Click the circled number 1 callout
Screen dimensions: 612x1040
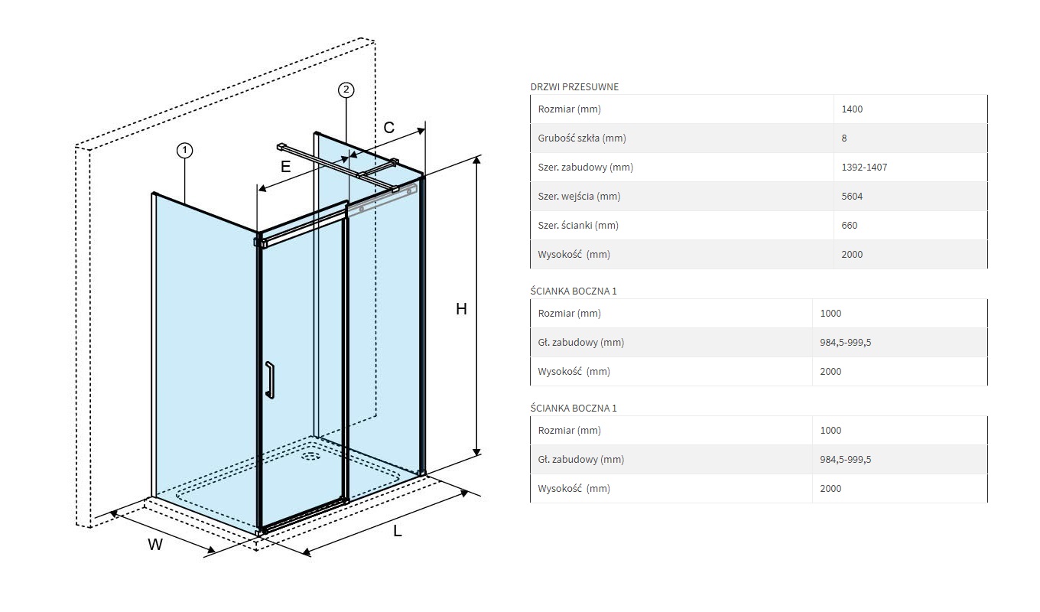pyautogui.click(x=184, y=151)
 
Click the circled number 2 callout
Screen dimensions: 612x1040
pyautogui.click(x=346, y=90)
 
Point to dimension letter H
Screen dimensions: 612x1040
pyautogui.click(x=461, y=309)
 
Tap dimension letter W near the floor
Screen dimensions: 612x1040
pyautogui.click(x=155, y=545)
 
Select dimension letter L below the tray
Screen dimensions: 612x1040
pyautogui.click(x=398, y=532)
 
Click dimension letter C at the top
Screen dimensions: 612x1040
pyautogui.click(x=388, y=128)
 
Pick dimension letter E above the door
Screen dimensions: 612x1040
pyautogui.click(x=285, y=166)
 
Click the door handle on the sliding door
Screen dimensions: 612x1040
pyautogui.click(x=269, y=380)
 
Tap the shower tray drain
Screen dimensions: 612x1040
pyautogui.click(x=310, y=457)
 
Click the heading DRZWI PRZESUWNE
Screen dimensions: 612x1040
pyautogui.click(x=574, y=87)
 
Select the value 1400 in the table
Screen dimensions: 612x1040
pyautogui.click(x=852, y=109)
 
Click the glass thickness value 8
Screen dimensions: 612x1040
pyautogui.click(x=843, y=138)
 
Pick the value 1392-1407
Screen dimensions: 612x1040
pyautogui.click(x=864, y=168)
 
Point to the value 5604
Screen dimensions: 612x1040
pyautogui.click(x=852, y=197)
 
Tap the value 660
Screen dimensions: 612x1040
pyautogui.click(x=849, y=226)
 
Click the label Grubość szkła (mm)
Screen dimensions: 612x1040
pyautogui.click(x=582, y=138)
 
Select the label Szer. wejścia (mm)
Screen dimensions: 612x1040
pyautogui.click(x=579, y=197)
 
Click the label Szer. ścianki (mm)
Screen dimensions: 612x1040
pyautogui.click(x=578, y=226)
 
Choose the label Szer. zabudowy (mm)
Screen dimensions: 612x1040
pyautogui.click(x=585, y=168)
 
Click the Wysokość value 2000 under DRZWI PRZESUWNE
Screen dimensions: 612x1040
pyautogui.click(x=852, y=255)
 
